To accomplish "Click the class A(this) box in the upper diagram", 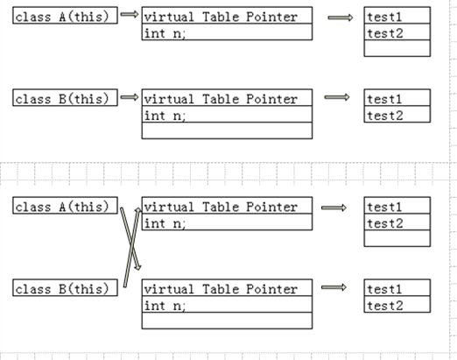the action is [x=65, y=16].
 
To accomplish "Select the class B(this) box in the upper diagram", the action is [x=65, y=97].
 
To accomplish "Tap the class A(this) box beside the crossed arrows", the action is [x=65, y=206].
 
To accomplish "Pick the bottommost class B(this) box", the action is [x=65, y=287].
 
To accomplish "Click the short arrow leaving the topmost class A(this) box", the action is [x=130, y=14].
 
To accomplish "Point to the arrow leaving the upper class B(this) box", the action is [x=130, y=97].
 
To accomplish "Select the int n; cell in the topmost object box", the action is [x=227, y=32].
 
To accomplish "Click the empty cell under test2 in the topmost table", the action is [x=397, y=48].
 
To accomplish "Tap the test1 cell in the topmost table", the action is [x=397, y=16].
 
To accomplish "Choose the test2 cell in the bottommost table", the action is [x=397, y=305].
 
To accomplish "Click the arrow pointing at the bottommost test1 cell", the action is [x=334, y=287].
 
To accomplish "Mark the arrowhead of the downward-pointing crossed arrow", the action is [x=138, y=267].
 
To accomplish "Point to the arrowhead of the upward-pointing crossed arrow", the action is [x=138, y=210].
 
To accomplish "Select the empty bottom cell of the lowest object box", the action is [x=227, y=321].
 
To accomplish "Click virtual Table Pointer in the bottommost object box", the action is [x=221, y=288].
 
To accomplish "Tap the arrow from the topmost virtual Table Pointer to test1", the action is [x=341, y=18].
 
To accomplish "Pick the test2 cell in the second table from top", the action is [x=397, y=115].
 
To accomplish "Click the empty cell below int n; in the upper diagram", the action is [x=227, y=131].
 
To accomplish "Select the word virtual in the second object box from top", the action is [x=169, y=99].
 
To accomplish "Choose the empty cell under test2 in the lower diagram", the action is [x=397, y=238].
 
